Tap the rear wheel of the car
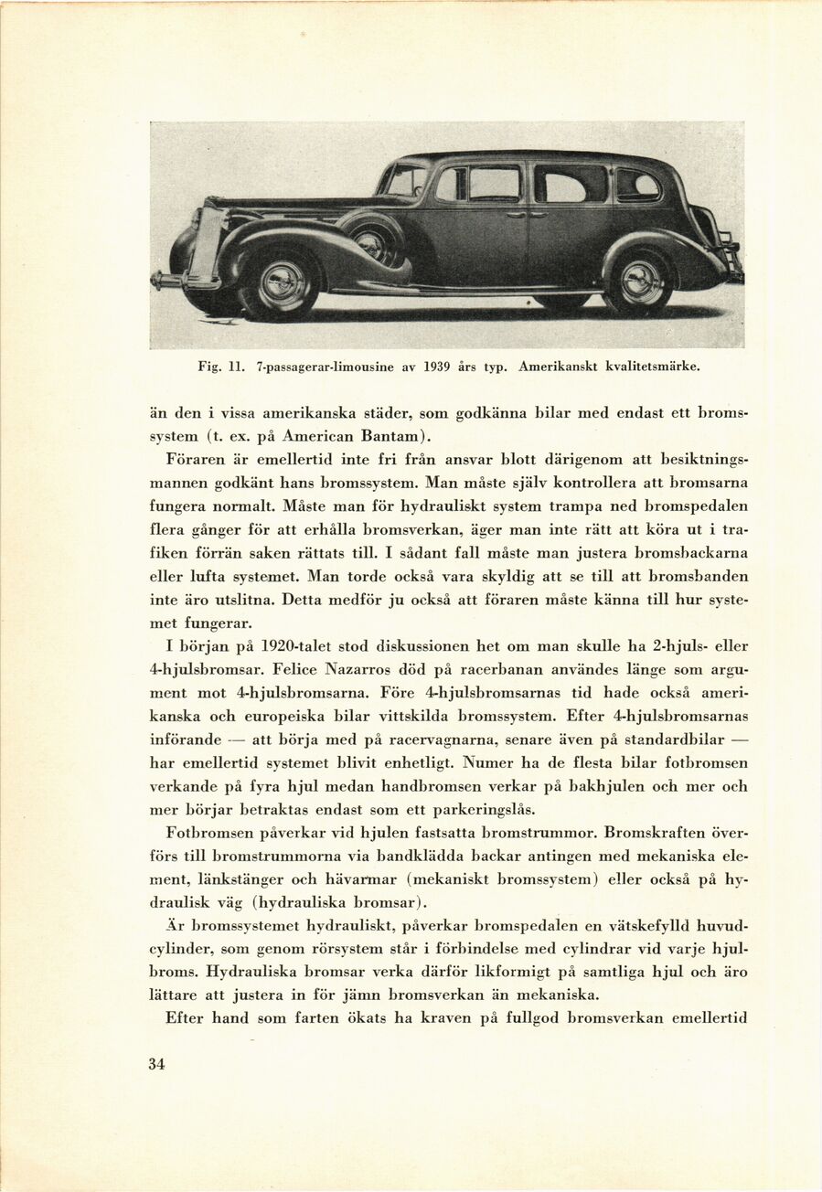coord(640,282)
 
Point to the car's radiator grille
coord(207,242)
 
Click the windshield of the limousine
coord(403,181)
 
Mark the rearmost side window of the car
coord(637,186)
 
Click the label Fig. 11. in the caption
coord(219,367)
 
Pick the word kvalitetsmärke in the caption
coord(655,367)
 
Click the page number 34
coord(156,1063)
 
